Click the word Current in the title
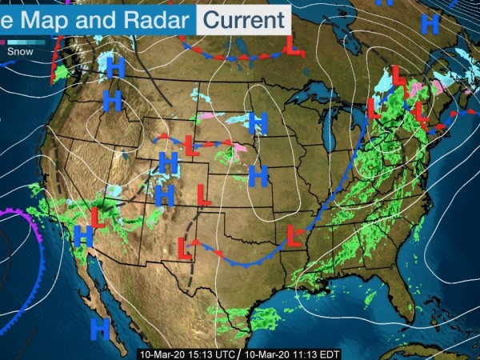pos(244,18)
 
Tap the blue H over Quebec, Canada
pos(430,24)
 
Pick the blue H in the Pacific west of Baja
pos(100,327)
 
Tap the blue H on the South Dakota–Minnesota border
pos(257,122)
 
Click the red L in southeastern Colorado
pos(203,194)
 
